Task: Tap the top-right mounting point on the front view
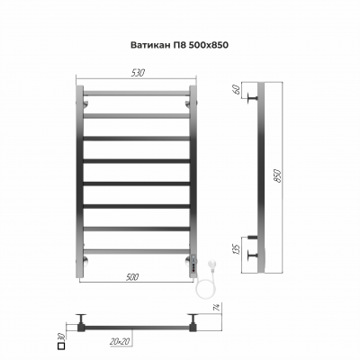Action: (189, 105)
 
